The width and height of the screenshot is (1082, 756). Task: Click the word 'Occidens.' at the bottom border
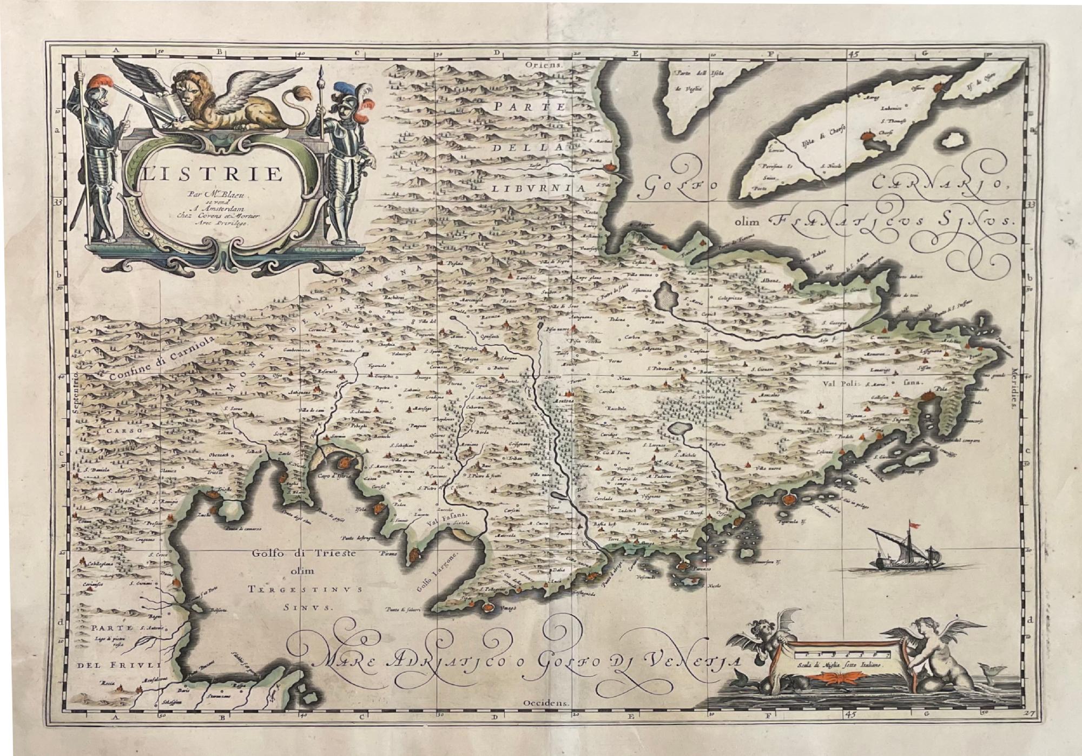point(547,703)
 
